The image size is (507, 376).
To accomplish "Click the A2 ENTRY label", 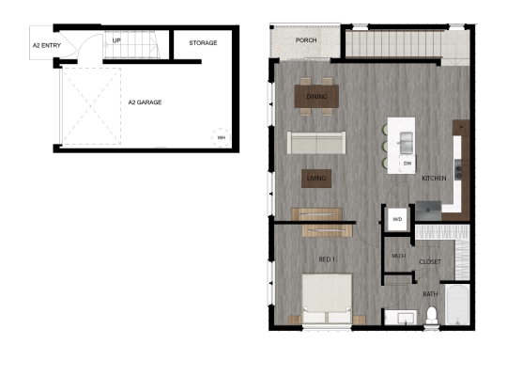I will pos(47,44).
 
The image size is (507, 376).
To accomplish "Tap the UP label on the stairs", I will pos(116,41).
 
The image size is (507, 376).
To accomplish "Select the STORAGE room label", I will pos(203,43).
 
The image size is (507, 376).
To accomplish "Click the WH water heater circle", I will pos(222,137).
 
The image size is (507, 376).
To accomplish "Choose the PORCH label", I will pos(305,41).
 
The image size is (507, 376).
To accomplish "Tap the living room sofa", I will pos(315,142).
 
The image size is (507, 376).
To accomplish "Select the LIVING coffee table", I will pos(315,177).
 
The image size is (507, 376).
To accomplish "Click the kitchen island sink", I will pos(407,142).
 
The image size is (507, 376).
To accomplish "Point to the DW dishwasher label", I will pos(407,164).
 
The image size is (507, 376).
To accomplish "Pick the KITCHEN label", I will pos(433,178).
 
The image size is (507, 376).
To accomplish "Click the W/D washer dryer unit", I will pos(396,220).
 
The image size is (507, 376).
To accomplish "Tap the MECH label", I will pos(397,255).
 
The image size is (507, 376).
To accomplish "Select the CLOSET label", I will pos(430,262).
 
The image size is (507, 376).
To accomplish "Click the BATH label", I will pos(430,294).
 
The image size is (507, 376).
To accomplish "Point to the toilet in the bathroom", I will pos(432,315).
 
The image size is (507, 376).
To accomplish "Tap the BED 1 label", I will pos(327,258).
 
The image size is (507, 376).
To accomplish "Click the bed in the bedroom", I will pos(327,299).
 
